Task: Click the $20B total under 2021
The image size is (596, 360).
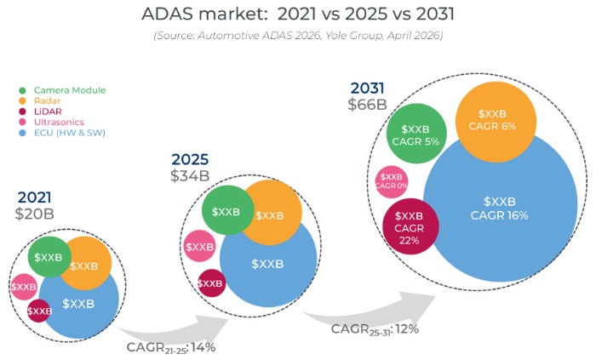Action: coord(34,214)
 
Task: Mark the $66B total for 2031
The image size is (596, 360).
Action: coord(367,105)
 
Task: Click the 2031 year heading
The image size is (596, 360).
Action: coord(366,88)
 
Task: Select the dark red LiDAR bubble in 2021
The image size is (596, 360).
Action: coord(39,311)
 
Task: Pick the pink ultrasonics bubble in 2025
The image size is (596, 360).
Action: coord(199,247)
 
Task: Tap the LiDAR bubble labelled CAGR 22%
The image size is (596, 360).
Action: coord(410,228)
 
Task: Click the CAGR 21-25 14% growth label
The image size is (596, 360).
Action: coord(171,346)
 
